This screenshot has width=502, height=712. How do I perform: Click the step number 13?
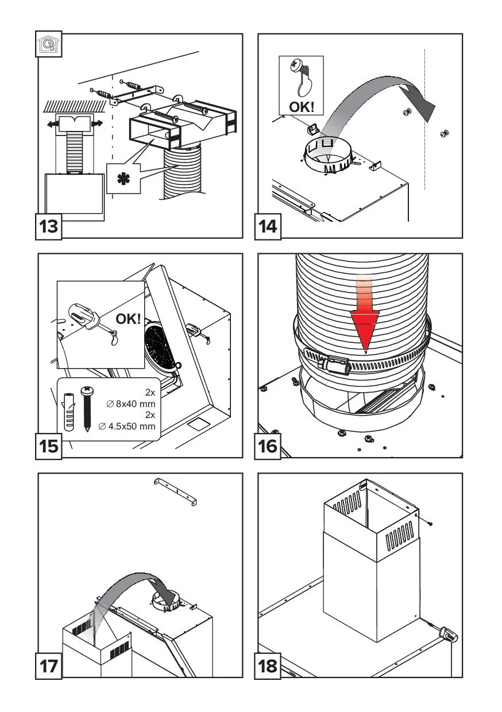tap(49, 226)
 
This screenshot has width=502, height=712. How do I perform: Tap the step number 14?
tap(268, 226)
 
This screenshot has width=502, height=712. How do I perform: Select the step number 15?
tap(49, 446)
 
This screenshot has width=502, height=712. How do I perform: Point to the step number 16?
tap(268, 446)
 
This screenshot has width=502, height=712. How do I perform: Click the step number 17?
tap(49, 667)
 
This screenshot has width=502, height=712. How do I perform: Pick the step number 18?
tap(268, 667)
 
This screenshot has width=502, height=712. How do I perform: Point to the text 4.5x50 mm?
tap(132, 427)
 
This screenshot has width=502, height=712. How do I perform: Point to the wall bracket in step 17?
tap(176, 492)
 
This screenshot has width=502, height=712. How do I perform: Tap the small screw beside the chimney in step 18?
tap(429, 524)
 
